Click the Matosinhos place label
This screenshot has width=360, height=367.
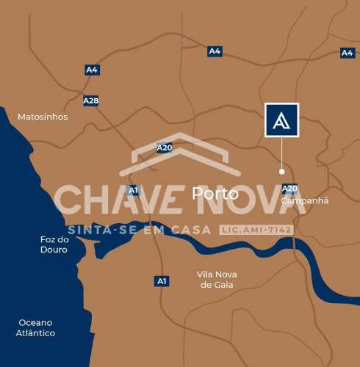click(x=43, y=117)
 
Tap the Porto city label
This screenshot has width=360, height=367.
click(x=215, y=194)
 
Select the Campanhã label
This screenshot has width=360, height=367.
click(x=305, y=200)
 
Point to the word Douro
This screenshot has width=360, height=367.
click(x=54, y=250)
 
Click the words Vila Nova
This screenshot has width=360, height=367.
click(x=217, y=275)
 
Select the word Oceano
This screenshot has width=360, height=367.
click(x=36, y=322)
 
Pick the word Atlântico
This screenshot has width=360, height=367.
click(x=35, y=333)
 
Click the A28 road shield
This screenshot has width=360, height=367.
click(x=91, y=101)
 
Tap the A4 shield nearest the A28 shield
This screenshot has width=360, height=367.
click(x=91, y=70)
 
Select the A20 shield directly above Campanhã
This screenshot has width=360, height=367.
click(x=289, y=189)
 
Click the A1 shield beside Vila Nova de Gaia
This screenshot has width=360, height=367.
click(x=162, y=281)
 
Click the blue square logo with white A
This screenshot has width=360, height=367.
click(x=281, y=120)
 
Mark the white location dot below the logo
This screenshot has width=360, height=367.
click(x=281, y=171)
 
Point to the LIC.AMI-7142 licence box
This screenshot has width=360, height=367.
click(x=256, y=230)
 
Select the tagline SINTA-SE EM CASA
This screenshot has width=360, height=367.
click(x=139, y=230)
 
